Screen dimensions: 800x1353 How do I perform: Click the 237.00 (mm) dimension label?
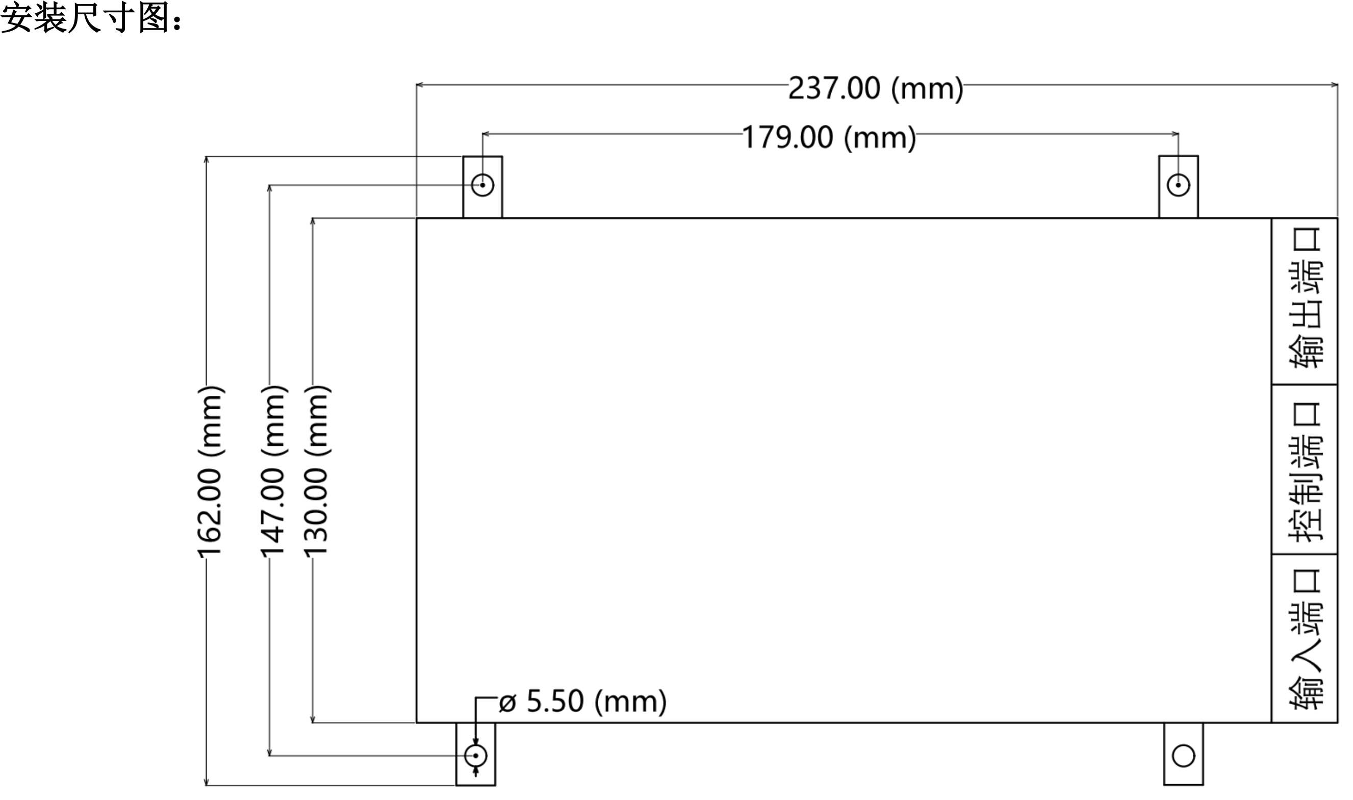point(875,88)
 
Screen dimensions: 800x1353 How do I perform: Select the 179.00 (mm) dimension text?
point(829,137)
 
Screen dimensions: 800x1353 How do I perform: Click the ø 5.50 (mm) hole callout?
point(582,702)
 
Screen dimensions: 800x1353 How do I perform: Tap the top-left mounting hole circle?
point(482,185)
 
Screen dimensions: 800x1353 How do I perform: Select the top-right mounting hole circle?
point(1178,185)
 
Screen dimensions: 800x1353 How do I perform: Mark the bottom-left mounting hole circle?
point(475,755)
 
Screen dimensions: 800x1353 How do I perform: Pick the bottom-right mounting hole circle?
point(1183,755)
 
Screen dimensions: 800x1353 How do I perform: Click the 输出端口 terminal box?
point(1304,302)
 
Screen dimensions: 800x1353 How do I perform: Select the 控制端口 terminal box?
point(1304,469)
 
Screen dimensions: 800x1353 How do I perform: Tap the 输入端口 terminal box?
point(1304,638)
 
